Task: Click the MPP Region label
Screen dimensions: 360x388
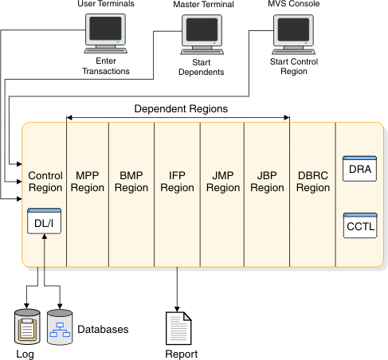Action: (87, 182)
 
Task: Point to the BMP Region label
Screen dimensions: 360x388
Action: (131, 182)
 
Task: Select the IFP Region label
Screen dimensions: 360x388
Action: (177, 182)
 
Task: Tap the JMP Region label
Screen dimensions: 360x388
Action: (222, 182)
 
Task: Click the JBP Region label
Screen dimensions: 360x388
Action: (267, 182)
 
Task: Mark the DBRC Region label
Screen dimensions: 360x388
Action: (312, 182)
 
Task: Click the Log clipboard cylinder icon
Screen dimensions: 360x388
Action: (27, 327)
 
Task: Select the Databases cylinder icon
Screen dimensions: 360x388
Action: (60, 327)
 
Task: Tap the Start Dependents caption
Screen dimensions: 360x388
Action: (199, 66)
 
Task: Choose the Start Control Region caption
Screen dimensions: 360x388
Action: (291, 66)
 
